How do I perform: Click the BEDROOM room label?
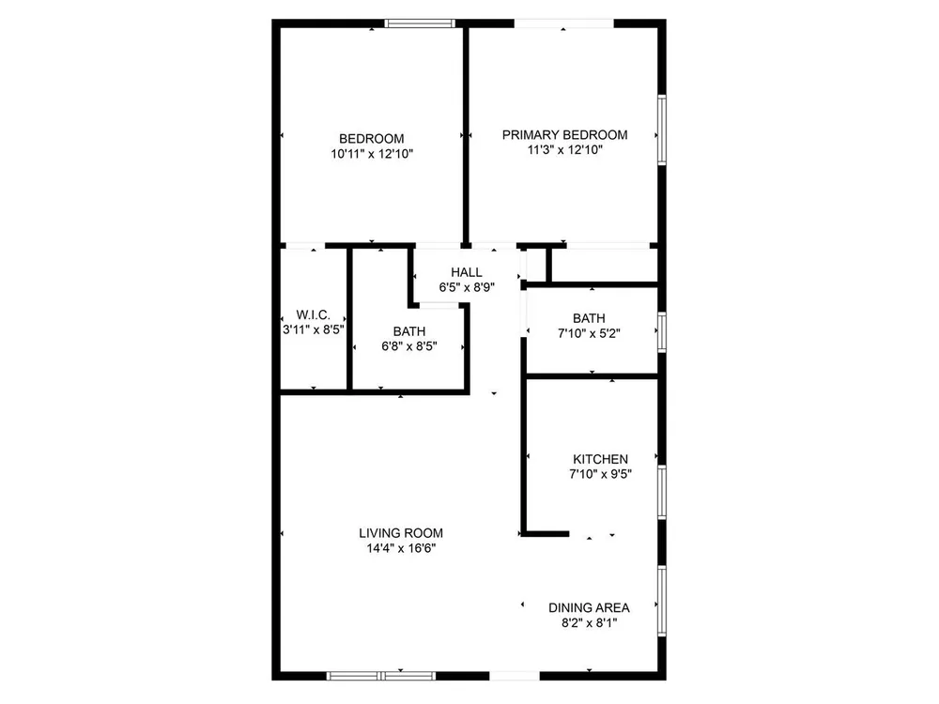point(371,139)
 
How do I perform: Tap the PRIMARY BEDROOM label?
point(564,135)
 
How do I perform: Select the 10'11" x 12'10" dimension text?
point(372,154)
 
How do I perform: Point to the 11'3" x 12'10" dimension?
point(564,150)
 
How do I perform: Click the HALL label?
point(467,272)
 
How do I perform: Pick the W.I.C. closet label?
point(314,314)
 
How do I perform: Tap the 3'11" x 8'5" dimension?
point(314,329)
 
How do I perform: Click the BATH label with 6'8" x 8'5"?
point(409,331)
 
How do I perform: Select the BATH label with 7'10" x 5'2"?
point(589,318)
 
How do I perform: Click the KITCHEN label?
point(601,459)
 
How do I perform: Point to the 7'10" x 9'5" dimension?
point(601,474)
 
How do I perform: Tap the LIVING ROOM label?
point(401,533)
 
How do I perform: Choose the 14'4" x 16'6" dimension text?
point(401,548)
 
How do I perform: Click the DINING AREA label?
point(590,608)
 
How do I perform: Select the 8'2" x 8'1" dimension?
point(590,623)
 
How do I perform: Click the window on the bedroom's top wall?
point(420,23)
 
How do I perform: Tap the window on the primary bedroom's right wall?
point(662,130)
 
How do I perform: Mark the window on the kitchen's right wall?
point(662,492)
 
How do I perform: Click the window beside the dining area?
point(662,601)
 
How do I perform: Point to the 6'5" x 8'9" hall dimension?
point(467,287)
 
